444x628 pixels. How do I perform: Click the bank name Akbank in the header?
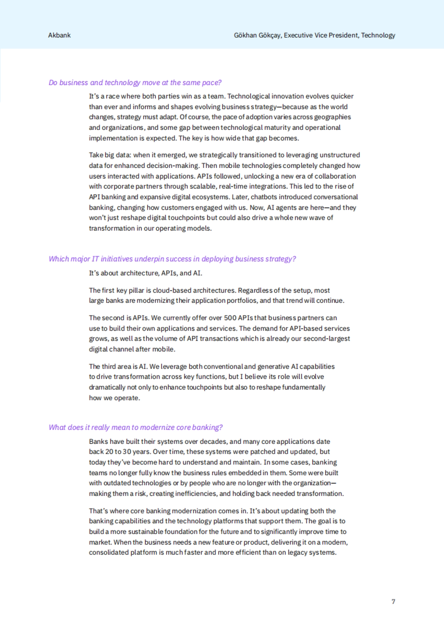[59, 35]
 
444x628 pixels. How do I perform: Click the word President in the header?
[344, 35]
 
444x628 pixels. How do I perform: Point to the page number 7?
[393, 602]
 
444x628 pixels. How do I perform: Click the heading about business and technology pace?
[135, 82]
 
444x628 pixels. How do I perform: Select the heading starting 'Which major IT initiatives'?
[172, 259]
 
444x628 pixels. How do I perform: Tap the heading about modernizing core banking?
[135, 427]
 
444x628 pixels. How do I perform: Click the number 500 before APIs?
[230, 318]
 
